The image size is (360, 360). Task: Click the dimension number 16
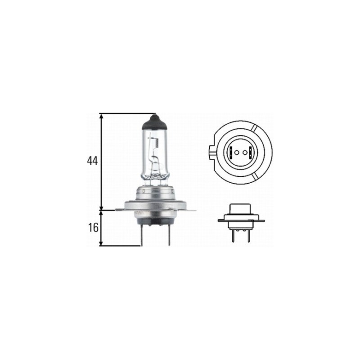[93, 228]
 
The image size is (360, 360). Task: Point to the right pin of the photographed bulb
[169, 235]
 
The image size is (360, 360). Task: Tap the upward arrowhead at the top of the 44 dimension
[101, 116]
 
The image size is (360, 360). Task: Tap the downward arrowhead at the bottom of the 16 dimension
[101, 243]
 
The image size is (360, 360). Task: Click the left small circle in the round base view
[237, 152]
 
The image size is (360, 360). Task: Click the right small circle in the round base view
[245, 152]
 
